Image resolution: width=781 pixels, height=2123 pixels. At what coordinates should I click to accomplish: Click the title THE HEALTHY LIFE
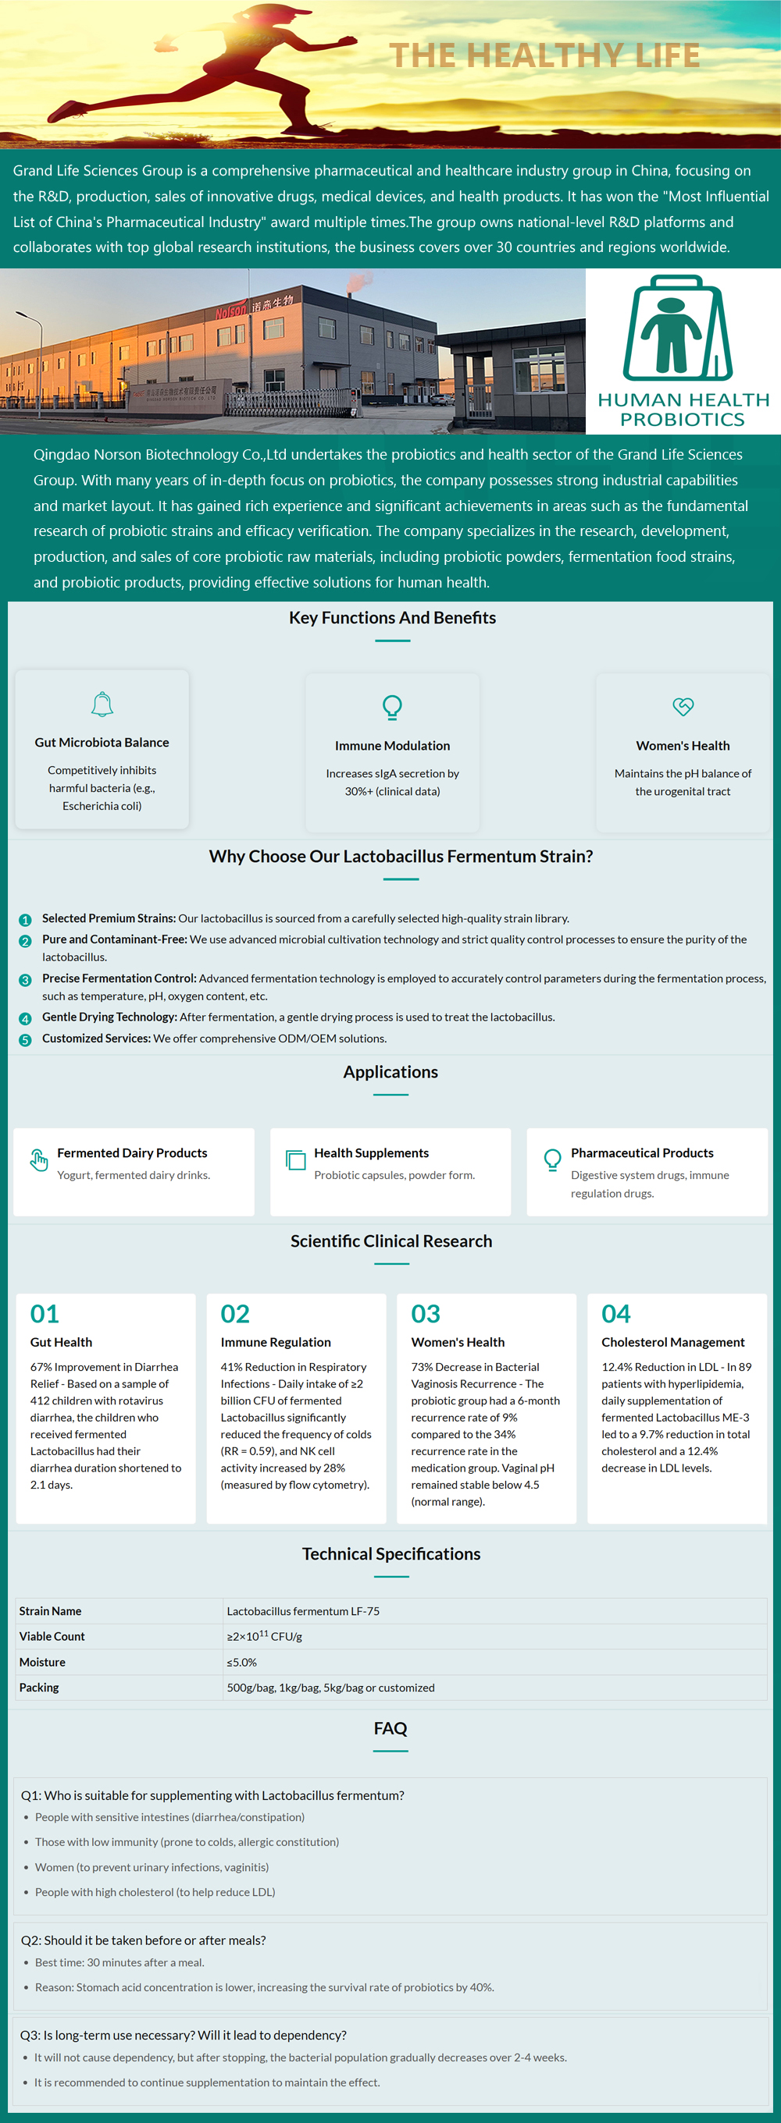[544, 55]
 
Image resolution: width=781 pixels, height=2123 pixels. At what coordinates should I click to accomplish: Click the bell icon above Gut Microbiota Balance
[102, 705]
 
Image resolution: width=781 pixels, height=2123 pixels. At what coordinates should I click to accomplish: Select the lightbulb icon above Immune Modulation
[393, 707]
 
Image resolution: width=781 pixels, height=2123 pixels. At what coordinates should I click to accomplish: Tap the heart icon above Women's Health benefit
[683, 706]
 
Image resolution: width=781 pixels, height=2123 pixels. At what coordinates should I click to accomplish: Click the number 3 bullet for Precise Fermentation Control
[25, 980]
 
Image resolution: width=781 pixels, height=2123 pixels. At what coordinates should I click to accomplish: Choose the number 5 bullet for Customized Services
[25, 1040]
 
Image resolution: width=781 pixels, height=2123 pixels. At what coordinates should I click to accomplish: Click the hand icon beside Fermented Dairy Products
[39, 1159]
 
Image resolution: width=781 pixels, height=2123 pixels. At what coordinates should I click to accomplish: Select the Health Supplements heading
[371, 1153]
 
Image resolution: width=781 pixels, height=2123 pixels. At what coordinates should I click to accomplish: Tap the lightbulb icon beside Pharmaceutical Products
[552, 1159]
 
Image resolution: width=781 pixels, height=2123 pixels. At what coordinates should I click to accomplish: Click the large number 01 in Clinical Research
[45, 1314]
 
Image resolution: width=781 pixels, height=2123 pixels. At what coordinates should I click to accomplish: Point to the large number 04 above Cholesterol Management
[616, 1314]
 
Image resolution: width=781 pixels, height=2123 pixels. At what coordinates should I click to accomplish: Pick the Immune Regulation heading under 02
[276, 1343]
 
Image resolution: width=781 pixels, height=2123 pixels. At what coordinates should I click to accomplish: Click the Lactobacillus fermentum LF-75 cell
[303, 1611]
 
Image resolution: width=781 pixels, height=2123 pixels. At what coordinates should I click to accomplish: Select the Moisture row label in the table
[42, 1663]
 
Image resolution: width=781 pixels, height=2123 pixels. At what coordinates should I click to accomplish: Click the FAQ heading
[390, 1729]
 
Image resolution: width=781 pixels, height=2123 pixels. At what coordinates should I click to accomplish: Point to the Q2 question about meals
[144, 1941]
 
